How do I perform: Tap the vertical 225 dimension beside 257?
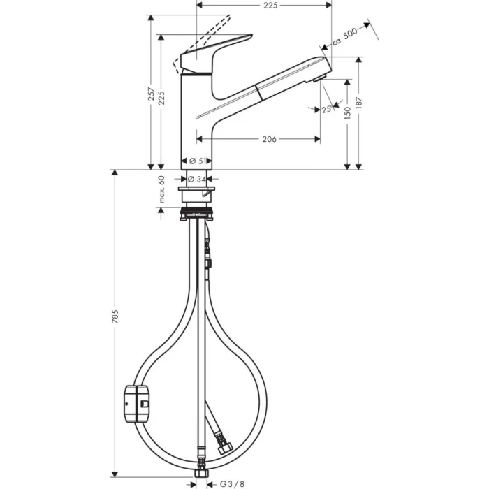[162, 99]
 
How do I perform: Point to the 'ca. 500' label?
[344, 36]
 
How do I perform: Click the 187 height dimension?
[360, 103]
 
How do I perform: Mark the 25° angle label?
[326, 109]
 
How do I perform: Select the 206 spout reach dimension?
[268, 139]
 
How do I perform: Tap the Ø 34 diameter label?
[198, 180]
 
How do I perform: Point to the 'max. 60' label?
[161, 189]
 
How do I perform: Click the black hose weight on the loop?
[136, 404]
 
